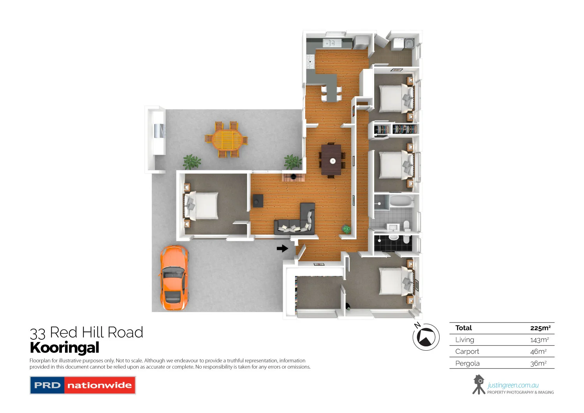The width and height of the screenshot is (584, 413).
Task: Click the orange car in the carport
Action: tap(174, 278)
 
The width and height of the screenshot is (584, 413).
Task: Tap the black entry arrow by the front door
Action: tap(282, 248)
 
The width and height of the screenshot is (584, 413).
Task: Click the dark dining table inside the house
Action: tap(332, 160)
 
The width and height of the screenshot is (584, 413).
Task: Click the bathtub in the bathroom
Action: tap(401, 201)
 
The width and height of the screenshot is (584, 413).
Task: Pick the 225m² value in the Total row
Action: tap(540, 328)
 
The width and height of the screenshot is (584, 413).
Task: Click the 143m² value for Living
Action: tap(539, 340)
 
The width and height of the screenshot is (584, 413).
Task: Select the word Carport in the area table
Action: tap(467, 351)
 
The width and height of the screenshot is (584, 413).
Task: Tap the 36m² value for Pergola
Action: tap(538, 364)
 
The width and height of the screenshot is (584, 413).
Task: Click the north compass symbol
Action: tap(426, 337)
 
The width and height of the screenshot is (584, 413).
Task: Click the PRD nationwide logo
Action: tap(83, 385)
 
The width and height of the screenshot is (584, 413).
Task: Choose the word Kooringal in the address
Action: tap(65, 348)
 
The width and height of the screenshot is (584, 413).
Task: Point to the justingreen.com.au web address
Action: tap(513, 385)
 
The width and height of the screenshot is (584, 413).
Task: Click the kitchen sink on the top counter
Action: tap(332, 43)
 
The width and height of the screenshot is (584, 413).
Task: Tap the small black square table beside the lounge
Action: tap(258, 201)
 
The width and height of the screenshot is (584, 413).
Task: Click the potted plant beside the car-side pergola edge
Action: tap(192, 161)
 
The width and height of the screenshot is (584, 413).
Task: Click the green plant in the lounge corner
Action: tap(346, 229)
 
